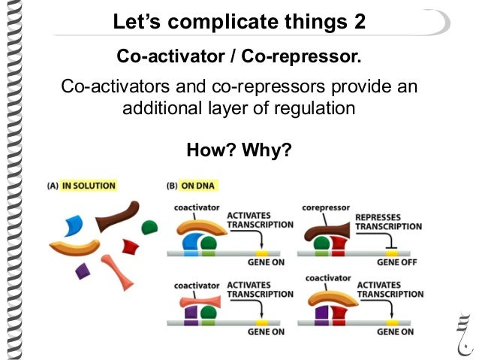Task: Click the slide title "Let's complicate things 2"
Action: [239, 22]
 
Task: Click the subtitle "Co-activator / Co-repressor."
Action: [239, 56]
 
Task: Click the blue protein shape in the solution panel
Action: [73, 225]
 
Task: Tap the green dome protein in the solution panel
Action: [149, 226]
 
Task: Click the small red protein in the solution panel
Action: [131, 245]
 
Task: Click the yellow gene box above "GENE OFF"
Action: [395, 253]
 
